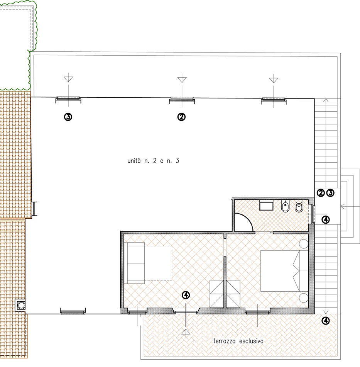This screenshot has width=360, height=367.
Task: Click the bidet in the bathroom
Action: tap(285, 206)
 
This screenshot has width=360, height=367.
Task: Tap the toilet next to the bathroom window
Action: tap(299, 206)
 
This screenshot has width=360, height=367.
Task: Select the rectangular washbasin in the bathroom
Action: tap(266, 206)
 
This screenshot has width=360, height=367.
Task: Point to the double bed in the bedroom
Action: tap(284, 271)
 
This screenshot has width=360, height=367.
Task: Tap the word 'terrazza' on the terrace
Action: tap(224, 341)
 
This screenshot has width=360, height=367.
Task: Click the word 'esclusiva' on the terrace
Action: tap(251, 341)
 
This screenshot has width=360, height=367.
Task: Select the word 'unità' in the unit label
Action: tap(134, 161)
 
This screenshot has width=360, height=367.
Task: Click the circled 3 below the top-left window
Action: tap(68, 117)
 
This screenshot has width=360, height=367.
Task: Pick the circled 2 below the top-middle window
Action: tap(182, 117)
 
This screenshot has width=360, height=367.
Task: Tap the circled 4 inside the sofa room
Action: tap(186, 295)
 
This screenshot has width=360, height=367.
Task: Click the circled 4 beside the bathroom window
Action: tap(326, 219)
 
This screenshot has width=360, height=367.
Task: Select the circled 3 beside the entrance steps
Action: tap(330, 193)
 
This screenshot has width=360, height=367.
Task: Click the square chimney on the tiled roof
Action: tap(20, 306)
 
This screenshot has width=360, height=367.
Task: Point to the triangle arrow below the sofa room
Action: tap(186, 332)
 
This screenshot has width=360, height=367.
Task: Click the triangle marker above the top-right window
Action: tap(274, 80)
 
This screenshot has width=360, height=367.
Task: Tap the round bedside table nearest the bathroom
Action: tap(304, 244)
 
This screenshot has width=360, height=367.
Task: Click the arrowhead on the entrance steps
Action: tap(342, 207)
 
